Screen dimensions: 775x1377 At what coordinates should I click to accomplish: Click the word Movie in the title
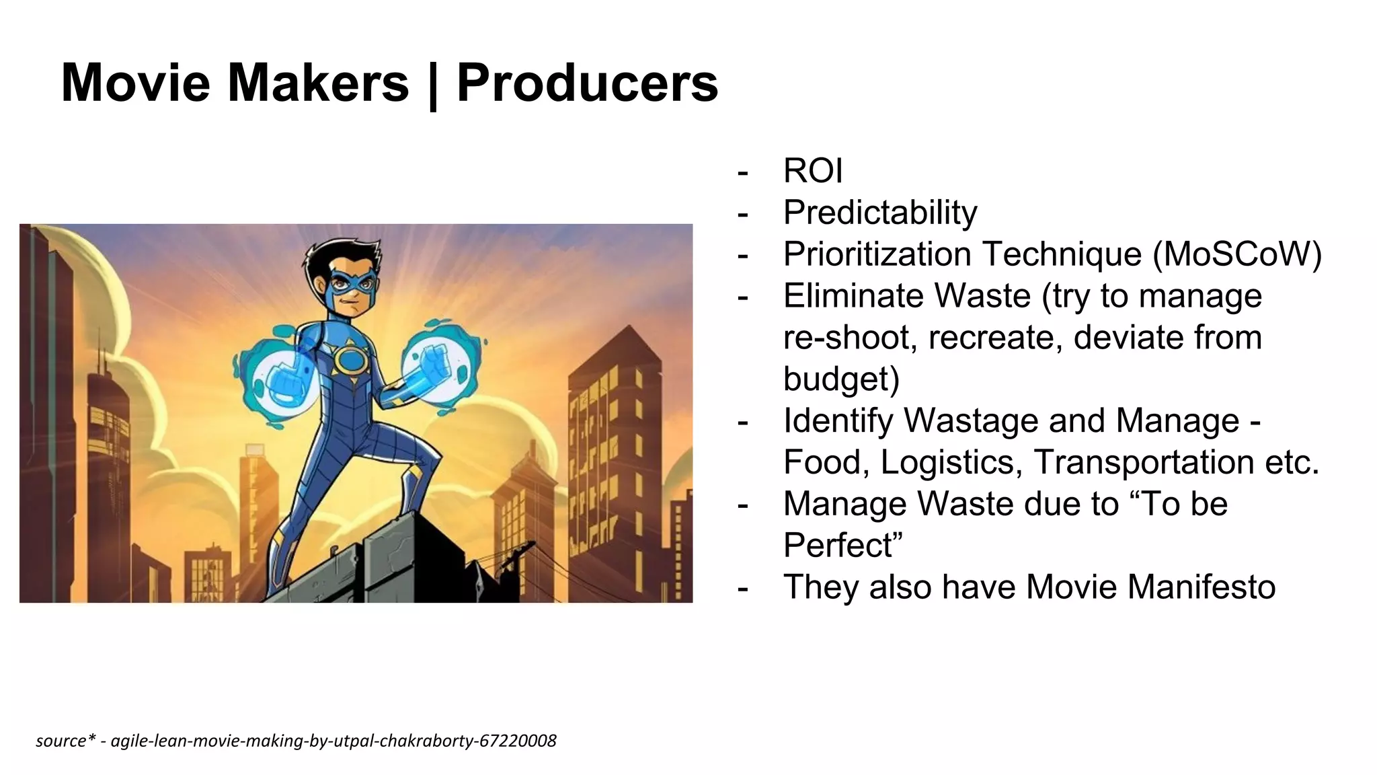coord(135,83)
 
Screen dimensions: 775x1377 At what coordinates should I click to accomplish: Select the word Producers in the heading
coord(587,83)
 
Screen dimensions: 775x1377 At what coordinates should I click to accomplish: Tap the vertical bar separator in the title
coord(432,85)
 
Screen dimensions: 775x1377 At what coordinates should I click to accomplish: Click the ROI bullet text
coord(812,171)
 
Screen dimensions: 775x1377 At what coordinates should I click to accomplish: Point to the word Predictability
coord(880,213)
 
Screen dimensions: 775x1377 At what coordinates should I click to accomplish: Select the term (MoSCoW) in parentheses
coord(1236,254)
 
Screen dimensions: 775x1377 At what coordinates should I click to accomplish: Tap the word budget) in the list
coord(841,379)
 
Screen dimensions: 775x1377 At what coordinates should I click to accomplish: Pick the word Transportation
coord(1143,462)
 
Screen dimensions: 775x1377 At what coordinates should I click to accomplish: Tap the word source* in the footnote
coord(61,741)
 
